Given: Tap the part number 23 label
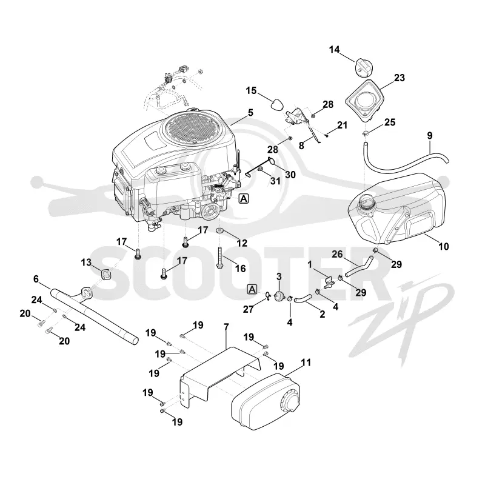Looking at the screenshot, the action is pyautogui.click(x=400, y=78).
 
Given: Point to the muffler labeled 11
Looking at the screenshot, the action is pyautogui.click(x=266, y=402).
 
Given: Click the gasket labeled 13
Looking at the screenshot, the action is pyautogui.click(x=105, y=274).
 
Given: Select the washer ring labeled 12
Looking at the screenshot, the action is pyautogui.click(x=220, y=231).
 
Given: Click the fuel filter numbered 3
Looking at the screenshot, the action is pyautogui.click(x=280, y=295).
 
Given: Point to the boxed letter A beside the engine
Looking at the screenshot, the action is pyautogui.click(x=244, y=199).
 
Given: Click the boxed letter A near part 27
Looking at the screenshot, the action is pyautogui.click(x=252, y=290).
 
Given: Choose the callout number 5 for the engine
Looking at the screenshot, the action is pyautogui.click(x=250, y=113).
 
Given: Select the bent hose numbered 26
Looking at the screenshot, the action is pyautogui.click(x=359, y=266).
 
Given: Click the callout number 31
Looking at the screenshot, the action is pyautogui.click(x=275, y=181).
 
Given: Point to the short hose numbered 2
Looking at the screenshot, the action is pyautogui.click(x=302, y=299).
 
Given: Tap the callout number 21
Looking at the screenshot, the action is pyautogui.click(x=342, y=125).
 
